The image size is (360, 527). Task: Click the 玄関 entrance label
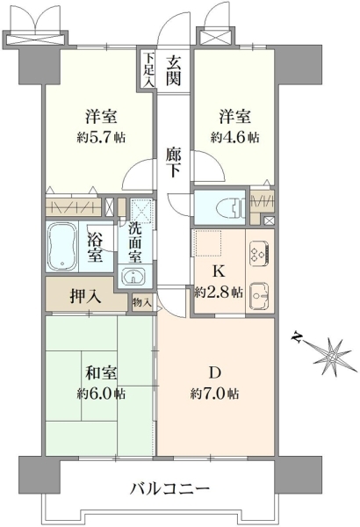point(175,70)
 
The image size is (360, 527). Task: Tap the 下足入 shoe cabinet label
point(148,69)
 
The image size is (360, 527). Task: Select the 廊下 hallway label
point(174,162)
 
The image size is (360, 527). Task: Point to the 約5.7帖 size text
point(101,138)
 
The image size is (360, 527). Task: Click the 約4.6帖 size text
point(235,138)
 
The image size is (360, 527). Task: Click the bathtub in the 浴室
point(62,246)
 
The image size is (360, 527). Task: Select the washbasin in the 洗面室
point(134,277)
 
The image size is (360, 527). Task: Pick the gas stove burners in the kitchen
point(259,253)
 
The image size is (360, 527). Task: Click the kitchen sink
point(260,295)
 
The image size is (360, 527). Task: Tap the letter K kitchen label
point(220,271)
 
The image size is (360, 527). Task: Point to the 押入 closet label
point(85,297)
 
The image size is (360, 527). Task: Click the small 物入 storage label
point(141,303)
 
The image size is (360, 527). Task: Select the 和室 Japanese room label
point(101,372)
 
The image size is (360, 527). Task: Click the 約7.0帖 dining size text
point(215,393)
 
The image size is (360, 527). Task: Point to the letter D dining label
point(215,372)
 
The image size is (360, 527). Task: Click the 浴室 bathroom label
point(95,248)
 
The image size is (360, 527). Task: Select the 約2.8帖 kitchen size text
point(219,292)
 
